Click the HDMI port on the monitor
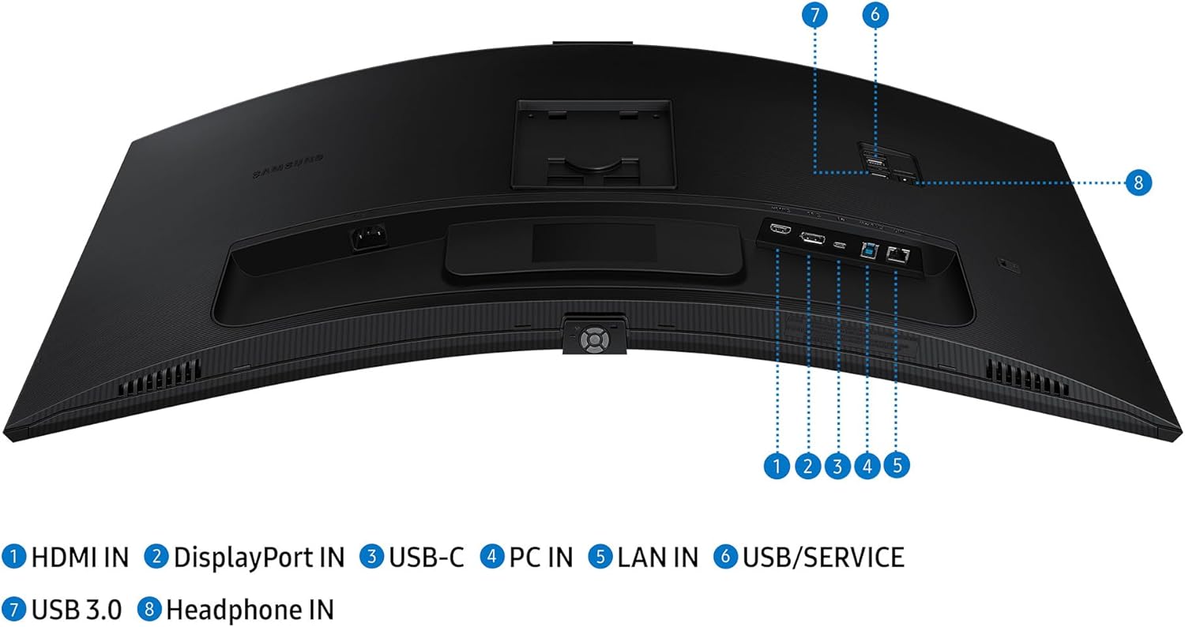(779, 231)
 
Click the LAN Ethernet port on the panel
(897, 254)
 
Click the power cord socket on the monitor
(365, 237)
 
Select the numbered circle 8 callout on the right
(1138, 182)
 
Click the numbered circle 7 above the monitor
(814, 15)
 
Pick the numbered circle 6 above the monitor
(875, 15)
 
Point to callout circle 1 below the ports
(778, 466)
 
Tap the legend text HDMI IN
(79, 558)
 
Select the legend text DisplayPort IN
(258, 558)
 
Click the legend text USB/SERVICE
(822, 558)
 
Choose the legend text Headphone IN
(250, 610)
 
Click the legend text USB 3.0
(76, 610)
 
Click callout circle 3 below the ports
(837, 466)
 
